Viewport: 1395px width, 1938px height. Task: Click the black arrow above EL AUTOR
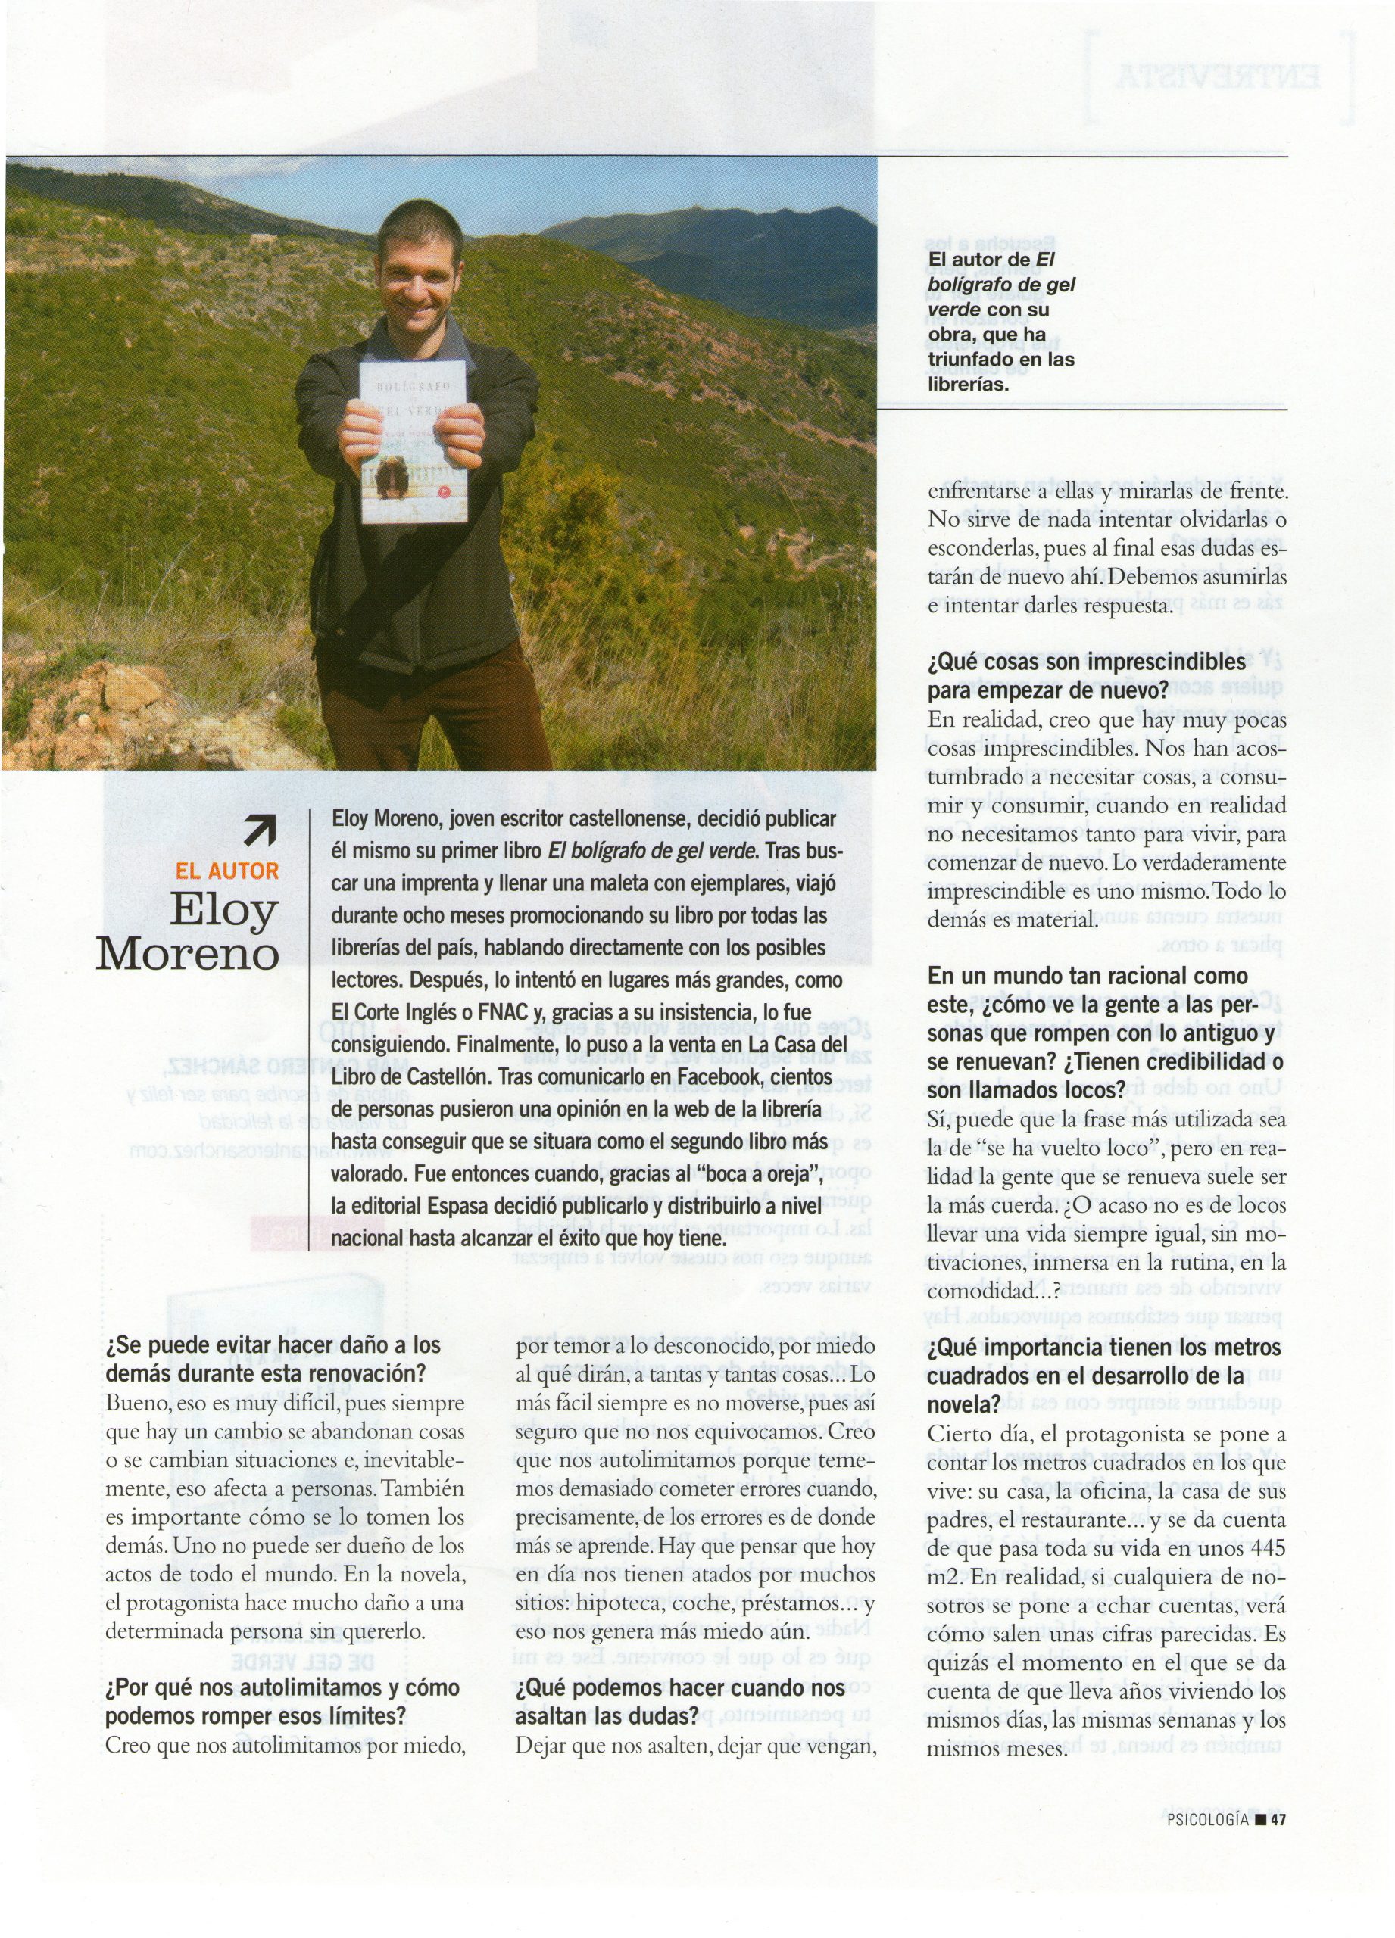(x=260, y=830)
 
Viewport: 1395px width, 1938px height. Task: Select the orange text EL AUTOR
(x=227, y=871)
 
